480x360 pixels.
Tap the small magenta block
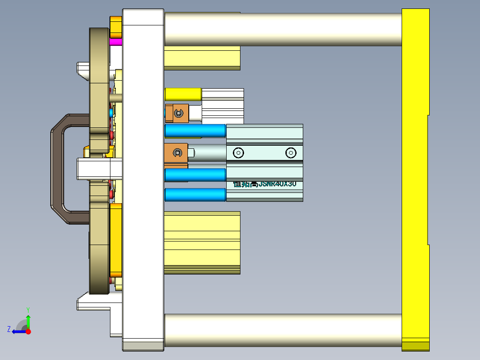point(115,42)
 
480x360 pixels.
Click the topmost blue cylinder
point(195,131)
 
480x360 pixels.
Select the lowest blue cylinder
point(195,195)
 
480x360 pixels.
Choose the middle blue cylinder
point(195,175)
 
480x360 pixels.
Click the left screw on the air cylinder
point(239,153)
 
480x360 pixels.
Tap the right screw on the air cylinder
point(291,153)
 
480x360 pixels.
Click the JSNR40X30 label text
point(264,184)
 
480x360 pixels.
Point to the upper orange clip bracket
point(177,113)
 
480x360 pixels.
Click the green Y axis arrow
point(28,320)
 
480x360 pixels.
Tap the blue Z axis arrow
point(18,331)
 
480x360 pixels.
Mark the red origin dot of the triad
point(28,331)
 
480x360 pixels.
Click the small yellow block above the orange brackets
point(183,94)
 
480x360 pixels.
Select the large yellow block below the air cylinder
point(202,243)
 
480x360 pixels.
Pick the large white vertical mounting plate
point(143,178)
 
